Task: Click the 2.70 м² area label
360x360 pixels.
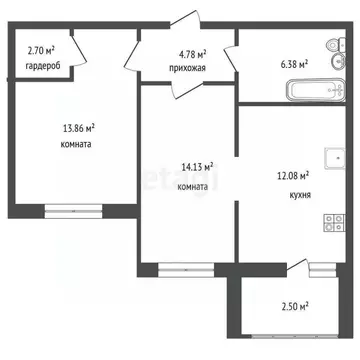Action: pyautogui.click(x=40, y=48)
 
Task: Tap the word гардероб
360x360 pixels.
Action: pyautogui.click(x=43, y=67)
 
